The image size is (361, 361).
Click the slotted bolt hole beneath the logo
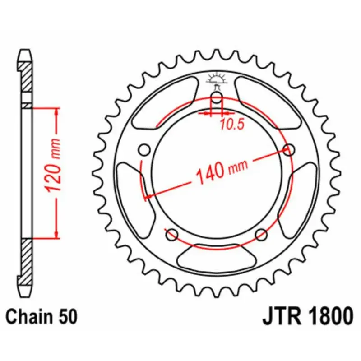coord(217,100)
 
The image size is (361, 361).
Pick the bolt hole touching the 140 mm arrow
coord(289,150)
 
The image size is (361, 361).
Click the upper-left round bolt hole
coord(144,150)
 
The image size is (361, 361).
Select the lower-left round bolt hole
coord(171,234)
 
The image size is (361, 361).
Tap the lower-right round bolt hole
coord(261,234)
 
